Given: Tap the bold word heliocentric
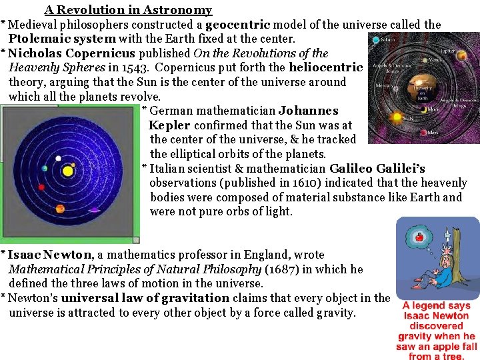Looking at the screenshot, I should point(326,68).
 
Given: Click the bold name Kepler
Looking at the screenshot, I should point(169,125).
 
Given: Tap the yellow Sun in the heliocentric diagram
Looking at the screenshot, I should point(67,171).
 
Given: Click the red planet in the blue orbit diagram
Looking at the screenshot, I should point(41,188).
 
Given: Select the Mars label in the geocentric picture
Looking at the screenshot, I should point(433,132).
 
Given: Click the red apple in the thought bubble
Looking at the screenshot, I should point(419,237).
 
